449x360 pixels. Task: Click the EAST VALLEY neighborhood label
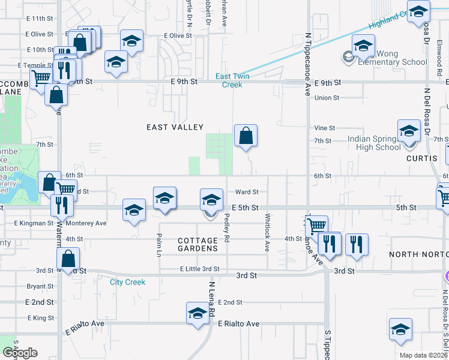(175, 127)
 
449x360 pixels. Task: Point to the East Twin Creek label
(232, 80)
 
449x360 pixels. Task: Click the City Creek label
(127, 282)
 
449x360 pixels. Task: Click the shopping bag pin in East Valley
(246, 136)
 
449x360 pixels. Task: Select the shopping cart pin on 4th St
(316, 226)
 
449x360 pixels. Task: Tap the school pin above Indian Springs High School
(409, 131)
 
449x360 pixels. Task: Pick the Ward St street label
(247, 192)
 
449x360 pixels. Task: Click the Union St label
(327, 98)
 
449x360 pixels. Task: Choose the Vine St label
(325, 128)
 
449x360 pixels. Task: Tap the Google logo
(20, 353)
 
